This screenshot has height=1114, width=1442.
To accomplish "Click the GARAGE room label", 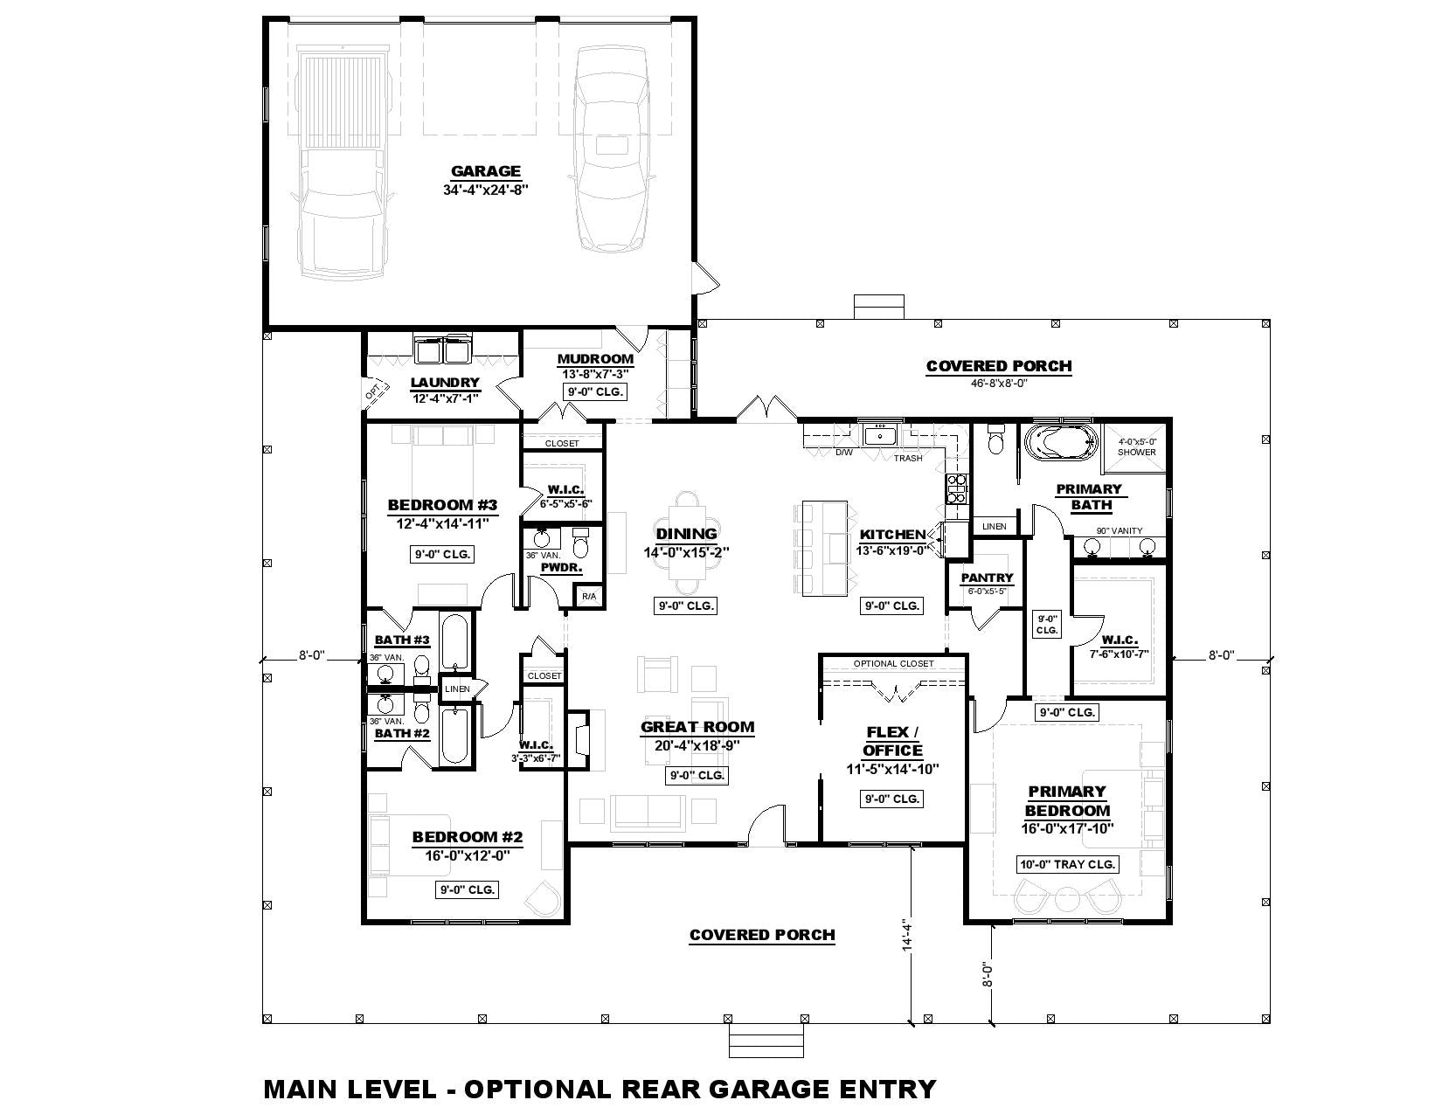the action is (485, 171).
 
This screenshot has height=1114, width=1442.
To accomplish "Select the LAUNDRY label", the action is (445, 382).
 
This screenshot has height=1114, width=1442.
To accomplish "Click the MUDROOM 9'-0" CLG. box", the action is (596, 392).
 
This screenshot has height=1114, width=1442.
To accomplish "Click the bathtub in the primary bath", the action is (1058, 443).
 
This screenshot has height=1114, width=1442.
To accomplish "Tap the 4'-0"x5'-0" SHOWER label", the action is (1137, 446).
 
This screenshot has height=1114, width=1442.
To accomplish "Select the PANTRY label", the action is (987, 578).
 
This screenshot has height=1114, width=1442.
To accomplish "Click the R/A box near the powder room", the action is (589, 597).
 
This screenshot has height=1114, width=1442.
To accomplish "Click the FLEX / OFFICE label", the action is (892, 741).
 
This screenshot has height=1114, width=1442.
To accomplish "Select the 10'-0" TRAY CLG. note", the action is (1067, 864).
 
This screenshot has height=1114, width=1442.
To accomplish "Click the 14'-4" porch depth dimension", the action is (908, 936).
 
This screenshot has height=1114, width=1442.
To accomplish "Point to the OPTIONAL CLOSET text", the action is (893, 663).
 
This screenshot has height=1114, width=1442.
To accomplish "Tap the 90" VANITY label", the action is (1120, 531).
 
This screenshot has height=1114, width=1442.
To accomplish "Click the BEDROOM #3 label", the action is (442, 505).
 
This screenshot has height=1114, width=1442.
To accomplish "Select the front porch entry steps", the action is (766, 1040).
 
